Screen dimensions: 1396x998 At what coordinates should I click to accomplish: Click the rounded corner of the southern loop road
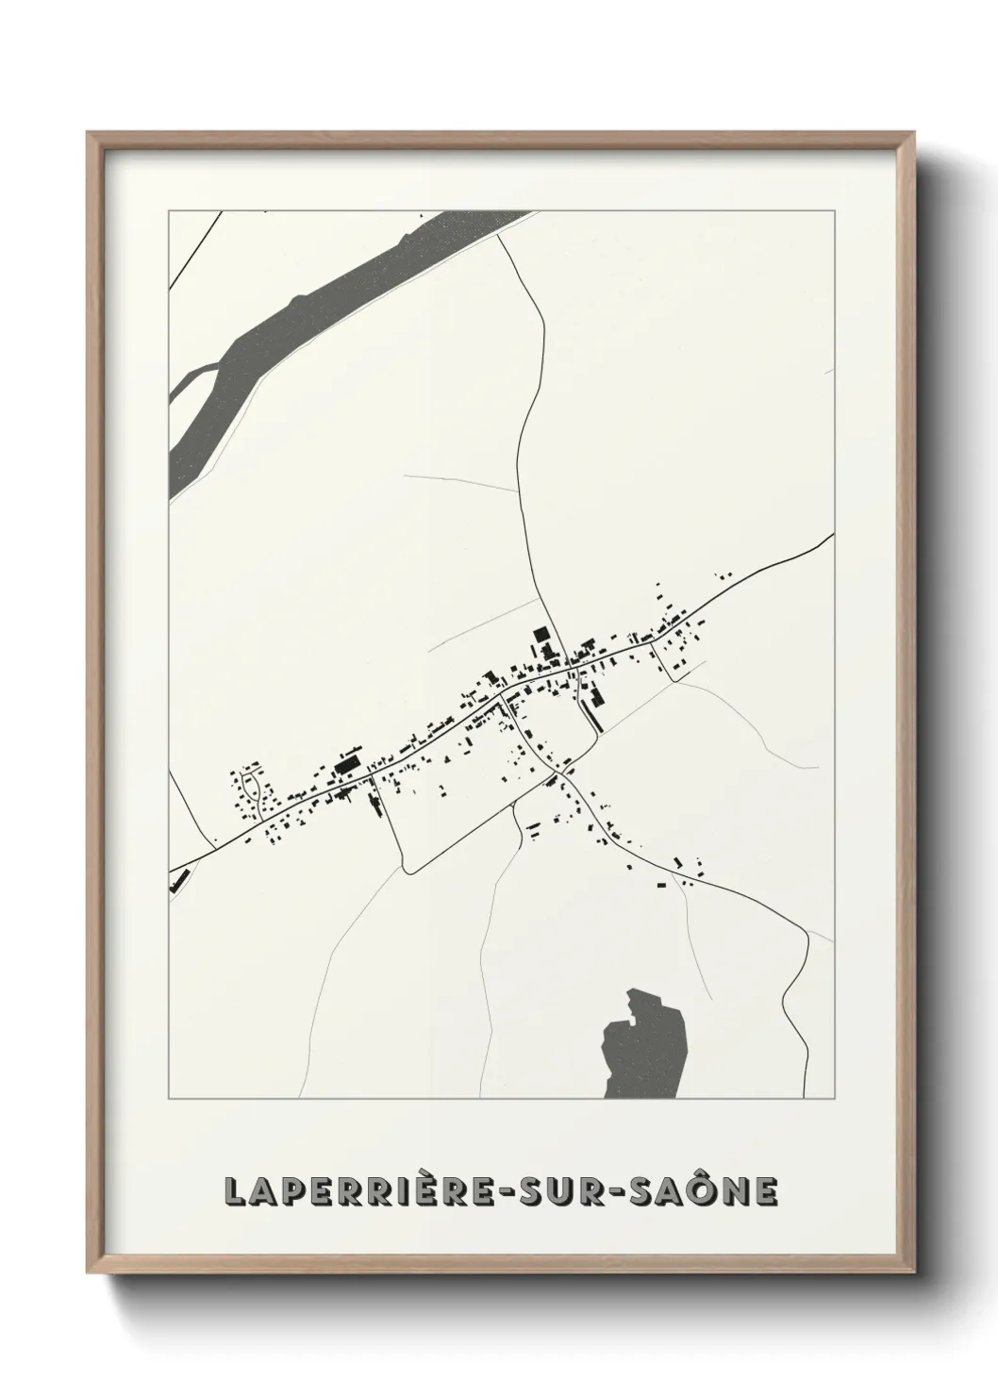click(407, 868)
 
